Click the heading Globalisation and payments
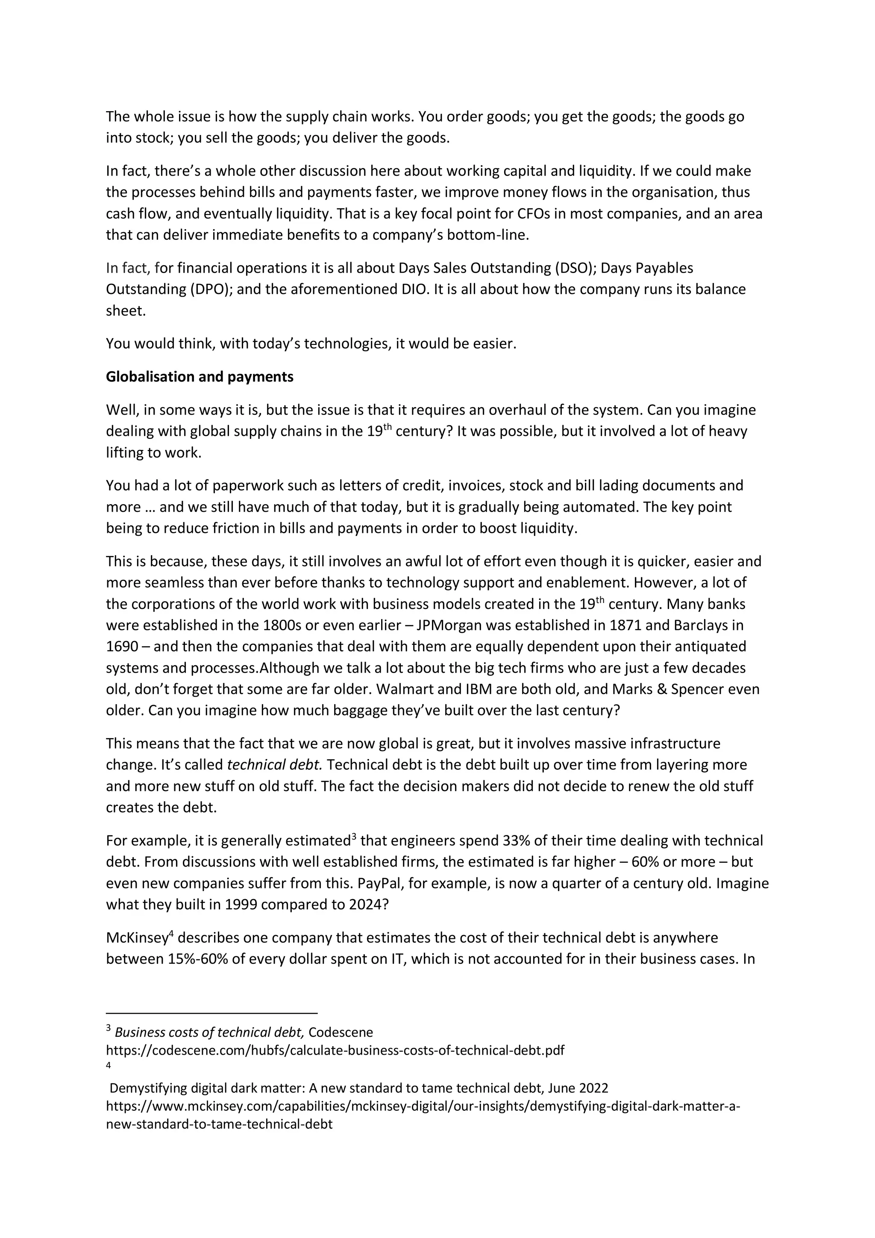(x=200, y=376)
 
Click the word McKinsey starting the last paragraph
(x=137, y=938)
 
